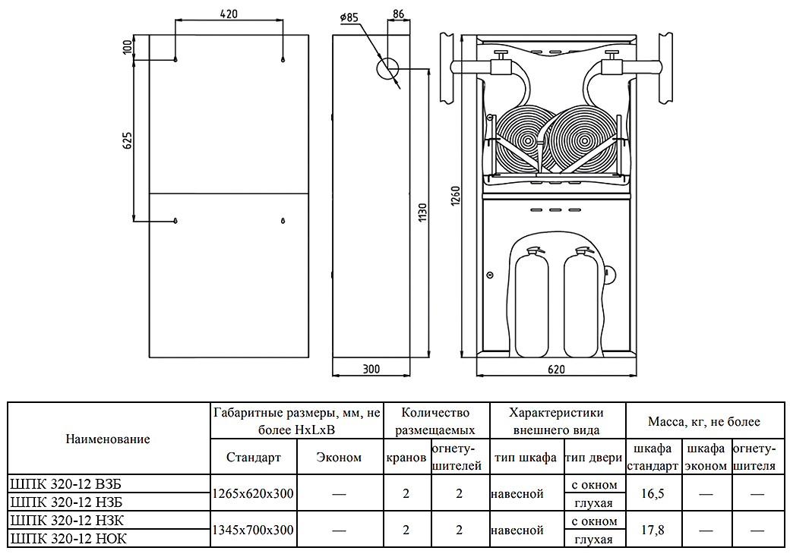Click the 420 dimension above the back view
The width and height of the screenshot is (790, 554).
point(229,14)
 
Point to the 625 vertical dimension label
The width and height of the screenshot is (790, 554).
point(128,140)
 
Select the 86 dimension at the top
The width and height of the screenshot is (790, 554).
point(399,14)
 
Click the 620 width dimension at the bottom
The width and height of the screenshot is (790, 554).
point(556,370)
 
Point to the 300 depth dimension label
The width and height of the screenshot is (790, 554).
point(371,370)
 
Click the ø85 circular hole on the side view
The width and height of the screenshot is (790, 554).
point(387,68)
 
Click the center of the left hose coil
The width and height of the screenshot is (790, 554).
point(525,140)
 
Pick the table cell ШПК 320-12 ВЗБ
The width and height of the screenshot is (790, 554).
point(65,484)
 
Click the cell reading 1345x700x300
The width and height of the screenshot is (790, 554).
point(253,530)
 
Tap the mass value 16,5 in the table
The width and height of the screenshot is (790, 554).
point(653,493)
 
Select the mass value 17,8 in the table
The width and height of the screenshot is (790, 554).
point(653,530)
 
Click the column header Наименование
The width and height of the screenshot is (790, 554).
point(108,439)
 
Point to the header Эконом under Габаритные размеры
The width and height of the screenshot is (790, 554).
point(339,457)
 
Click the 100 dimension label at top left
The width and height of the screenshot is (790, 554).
point(128,47)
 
